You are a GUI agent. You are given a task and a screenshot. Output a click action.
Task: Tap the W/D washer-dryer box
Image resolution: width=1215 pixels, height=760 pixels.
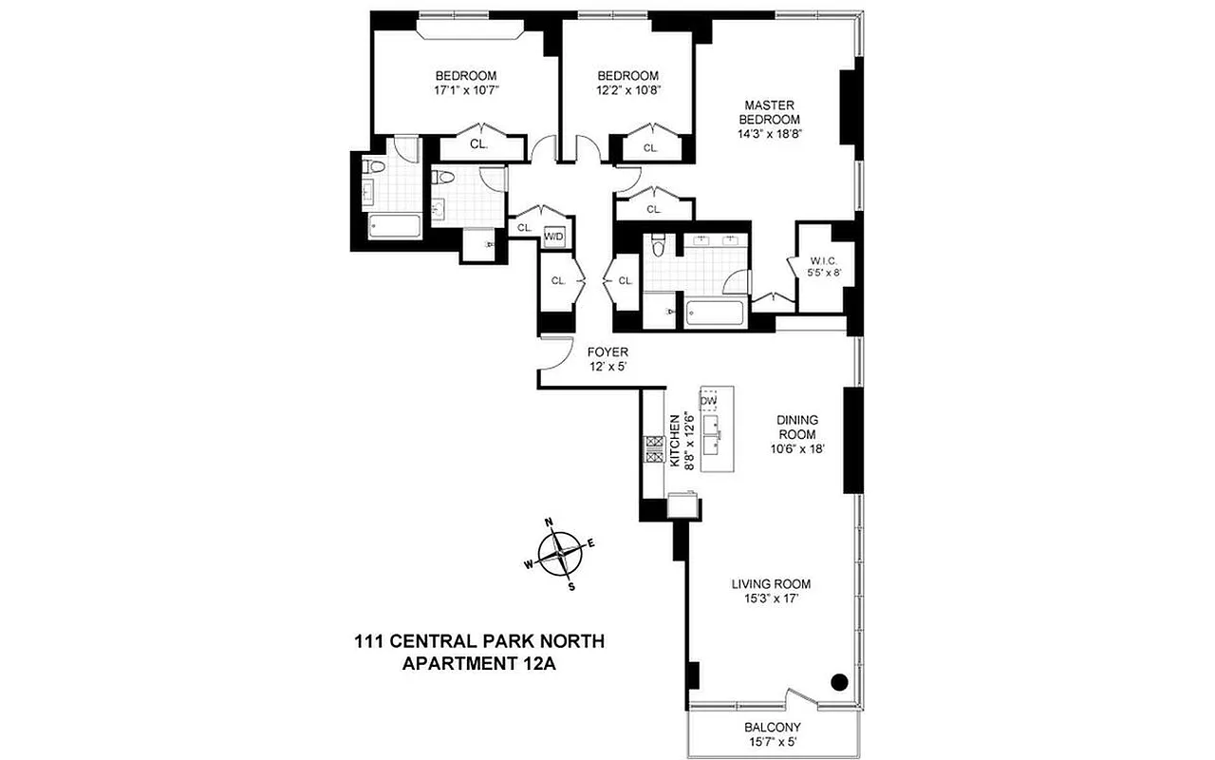pyautogui.click(x=553, y=236)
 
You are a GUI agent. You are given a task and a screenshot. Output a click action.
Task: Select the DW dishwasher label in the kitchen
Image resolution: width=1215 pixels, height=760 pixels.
pyautogui.click(x=707, y=400)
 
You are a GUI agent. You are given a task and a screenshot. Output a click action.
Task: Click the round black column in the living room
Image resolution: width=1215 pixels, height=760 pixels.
pyautogui.click(x=839, y=680)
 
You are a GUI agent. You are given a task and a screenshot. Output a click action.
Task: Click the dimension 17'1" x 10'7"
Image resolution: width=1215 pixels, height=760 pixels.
pyautogui.click(x=466, y=91)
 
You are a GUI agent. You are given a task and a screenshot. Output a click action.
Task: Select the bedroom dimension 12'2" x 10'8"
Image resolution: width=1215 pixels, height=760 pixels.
pyautogui.click(x=627, y=91)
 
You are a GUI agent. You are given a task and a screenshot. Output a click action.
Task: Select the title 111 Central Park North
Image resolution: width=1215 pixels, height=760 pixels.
pyautogui.click(x=478, y=642)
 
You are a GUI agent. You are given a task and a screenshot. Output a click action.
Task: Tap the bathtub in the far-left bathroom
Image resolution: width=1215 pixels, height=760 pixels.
pyautogui.click(x=393, y=227)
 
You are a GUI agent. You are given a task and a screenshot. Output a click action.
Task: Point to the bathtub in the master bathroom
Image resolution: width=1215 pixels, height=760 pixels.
pyautogui.click(x=715, y=313)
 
